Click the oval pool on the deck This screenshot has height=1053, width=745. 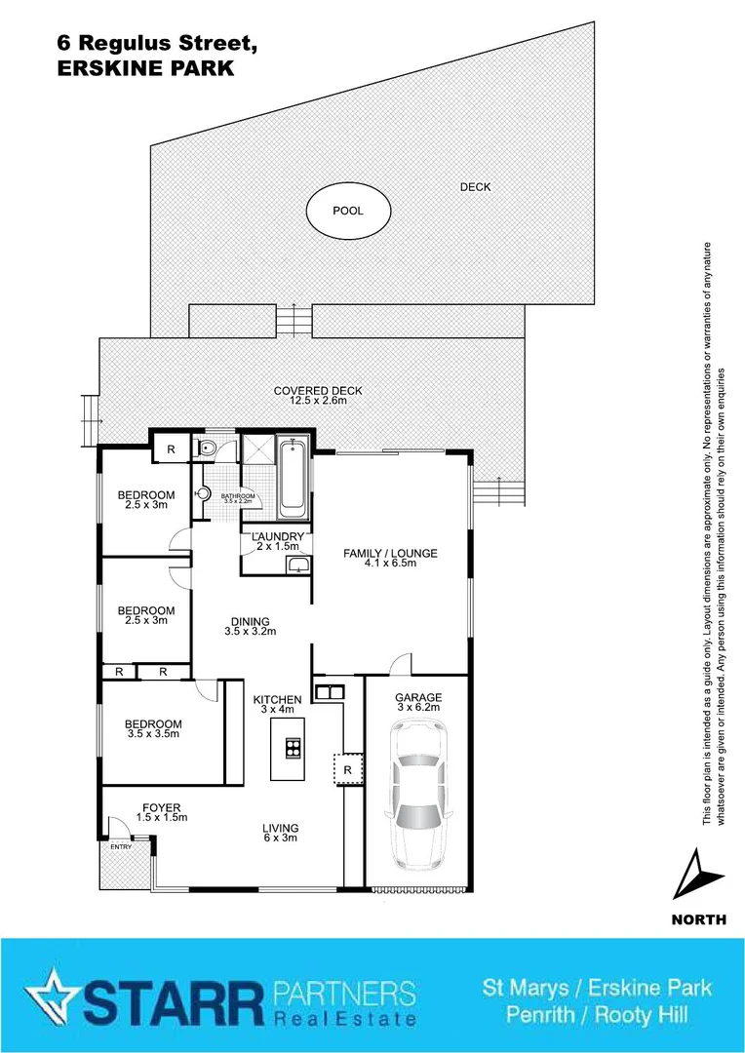[348, 211]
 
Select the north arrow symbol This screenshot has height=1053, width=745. [698, 875]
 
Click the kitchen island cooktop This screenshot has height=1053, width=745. [292, 749]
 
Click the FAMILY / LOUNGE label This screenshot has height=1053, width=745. [390, 554]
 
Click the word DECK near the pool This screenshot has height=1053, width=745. [475, 187]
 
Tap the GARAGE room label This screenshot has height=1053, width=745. [418, 698]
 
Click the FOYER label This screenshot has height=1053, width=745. [161, 807]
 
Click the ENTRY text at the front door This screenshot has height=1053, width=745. [120, 847]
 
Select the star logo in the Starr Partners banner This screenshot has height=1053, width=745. [50, 996]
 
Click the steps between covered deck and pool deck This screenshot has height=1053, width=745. [293, 319]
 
